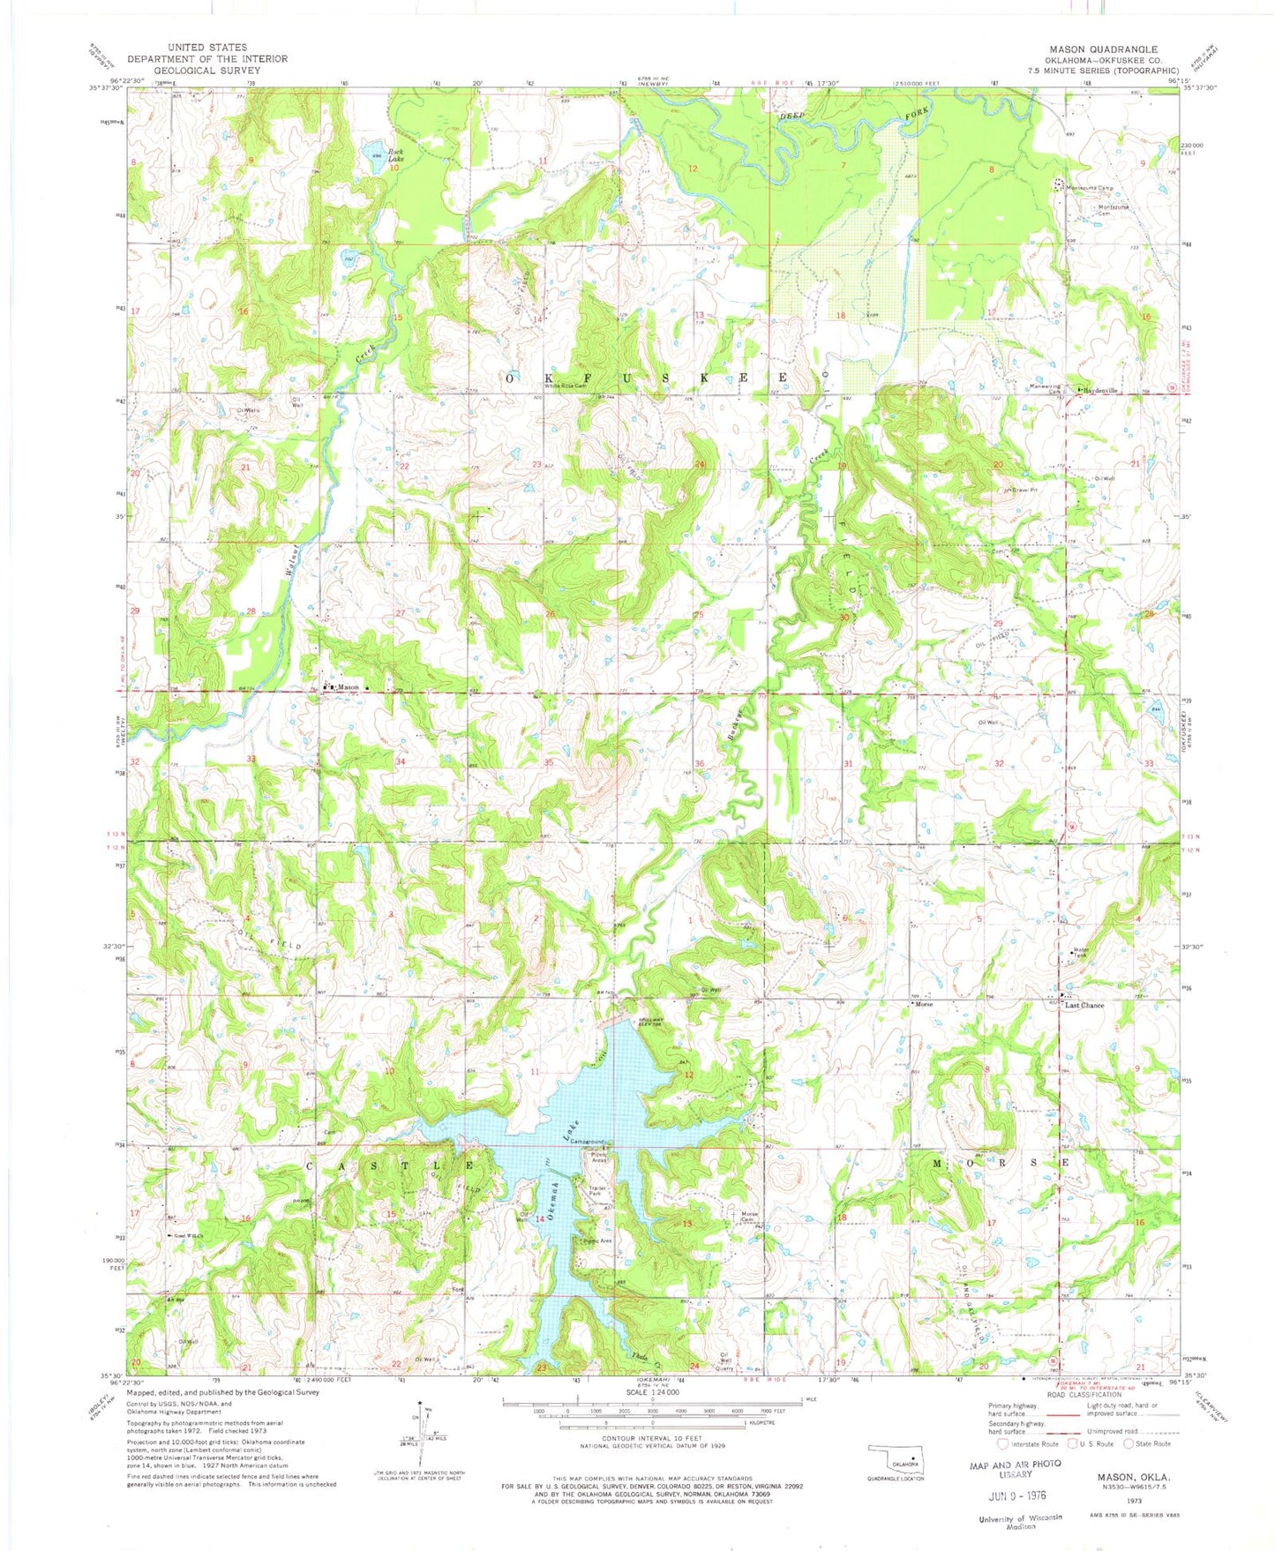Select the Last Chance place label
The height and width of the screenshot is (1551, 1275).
tap(1084, 1005)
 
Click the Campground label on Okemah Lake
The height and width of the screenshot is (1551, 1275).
tap(588, 1141)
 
